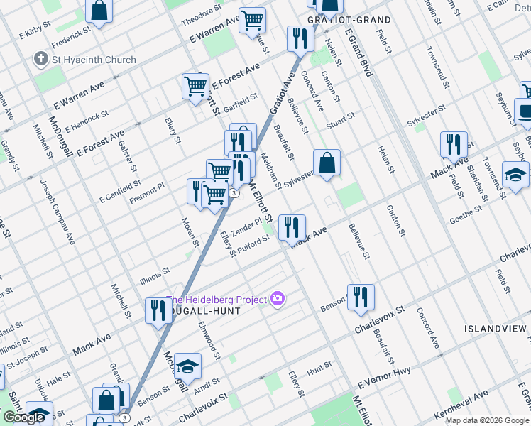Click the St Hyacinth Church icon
pos(40,60)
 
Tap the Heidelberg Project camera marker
pos(278,300)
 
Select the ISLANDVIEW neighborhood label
pos(496,329)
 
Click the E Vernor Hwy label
pos(384,383)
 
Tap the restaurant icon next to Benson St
pos(361,297)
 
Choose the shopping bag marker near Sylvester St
pos(327,162)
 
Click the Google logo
pos(23,417)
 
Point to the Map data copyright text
pos(487,420)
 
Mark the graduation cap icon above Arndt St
pos(187,366)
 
